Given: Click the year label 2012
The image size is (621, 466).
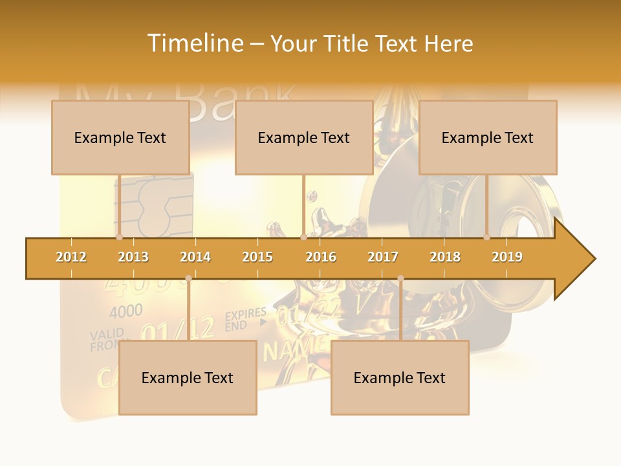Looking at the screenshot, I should pyautogui.click(x=71, y=257).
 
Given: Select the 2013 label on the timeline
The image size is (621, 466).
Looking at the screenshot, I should pyautogui.click(x=133, y=257).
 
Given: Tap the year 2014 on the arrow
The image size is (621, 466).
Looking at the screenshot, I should pyautogui.click(x=195, y=257).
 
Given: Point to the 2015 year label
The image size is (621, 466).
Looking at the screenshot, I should pyautogui.click(x=257, y=257).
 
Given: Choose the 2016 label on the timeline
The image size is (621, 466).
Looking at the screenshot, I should pyautogui.click(x=321, y=257).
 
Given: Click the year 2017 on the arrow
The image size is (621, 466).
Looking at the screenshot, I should pyautogui.click(x=383, y=257).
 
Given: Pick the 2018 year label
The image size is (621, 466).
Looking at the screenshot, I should pyautogui.click(x=445, y=257).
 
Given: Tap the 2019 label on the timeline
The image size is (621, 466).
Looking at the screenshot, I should pyautogui.click(x=507, y=257).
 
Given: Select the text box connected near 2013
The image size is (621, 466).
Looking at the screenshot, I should pyautogui.click(x=120, y=137).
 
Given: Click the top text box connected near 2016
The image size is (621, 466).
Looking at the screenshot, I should pyautogui.click(x=304, y=137).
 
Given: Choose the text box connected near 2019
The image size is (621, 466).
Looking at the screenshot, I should pyautogui.click(x=488, y=137).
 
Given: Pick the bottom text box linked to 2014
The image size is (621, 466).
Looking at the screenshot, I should pyautogui.click(x=188, y=377).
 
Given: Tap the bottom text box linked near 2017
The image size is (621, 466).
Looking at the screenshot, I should pyautogui.click(x=400, y=377).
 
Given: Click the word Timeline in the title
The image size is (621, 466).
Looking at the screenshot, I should pyautogui.click(x=194, y=43).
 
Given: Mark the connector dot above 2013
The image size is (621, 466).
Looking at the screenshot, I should pyautogui.click(x=119, y=238).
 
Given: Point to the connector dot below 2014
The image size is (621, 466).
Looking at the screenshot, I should pyautogui.click(x=188, y=278).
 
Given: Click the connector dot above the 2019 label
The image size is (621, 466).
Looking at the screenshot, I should pyautogui.click(x=487, y=238).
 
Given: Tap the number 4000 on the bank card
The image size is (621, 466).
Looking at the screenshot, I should pyautogui.click(x=125, y=312).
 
